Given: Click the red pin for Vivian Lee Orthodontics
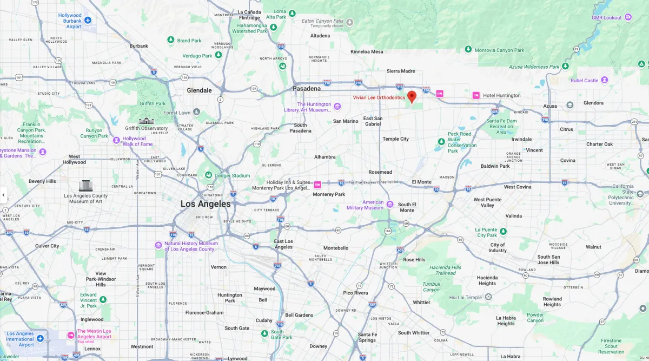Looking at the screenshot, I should (x=412, y=96).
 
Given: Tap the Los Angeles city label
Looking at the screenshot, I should (x=206, y=204).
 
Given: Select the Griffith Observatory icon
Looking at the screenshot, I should (x=146, y=121).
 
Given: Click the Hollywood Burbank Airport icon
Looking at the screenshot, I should (x=88, y=20).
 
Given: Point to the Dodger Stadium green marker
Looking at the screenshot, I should (x=208, y=175).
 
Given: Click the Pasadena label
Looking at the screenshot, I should (x=307, y=88).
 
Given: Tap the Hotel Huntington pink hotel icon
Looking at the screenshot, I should (x=476, y=95).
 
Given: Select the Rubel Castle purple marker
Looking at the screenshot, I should (x=605, y=80).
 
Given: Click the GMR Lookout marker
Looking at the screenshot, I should (x=628, y=17).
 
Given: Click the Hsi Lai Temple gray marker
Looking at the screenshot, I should (x=488, y=297).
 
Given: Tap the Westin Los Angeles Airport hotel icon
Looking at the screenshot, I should (x=71, y=335).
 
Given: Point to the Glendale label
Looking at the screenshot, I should (x=199, y=90).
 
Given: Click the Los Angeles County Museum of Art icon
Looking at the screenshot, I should (x=85, y=186).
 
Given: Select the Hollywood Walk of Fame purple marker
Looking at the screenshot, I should (x=117, y=140).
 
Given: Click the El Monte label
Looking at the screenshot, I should (x=421, y=182).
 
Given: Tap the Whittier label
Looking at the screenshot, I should (x=422, y=303).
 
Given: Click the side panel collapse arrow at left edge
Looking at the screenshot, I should (x=3, y=195).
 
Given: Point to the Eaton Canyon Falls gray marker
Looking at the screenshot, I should (x=350, y=22).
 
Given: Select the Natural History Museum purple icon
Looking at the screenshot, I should (x=158, y=245).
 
